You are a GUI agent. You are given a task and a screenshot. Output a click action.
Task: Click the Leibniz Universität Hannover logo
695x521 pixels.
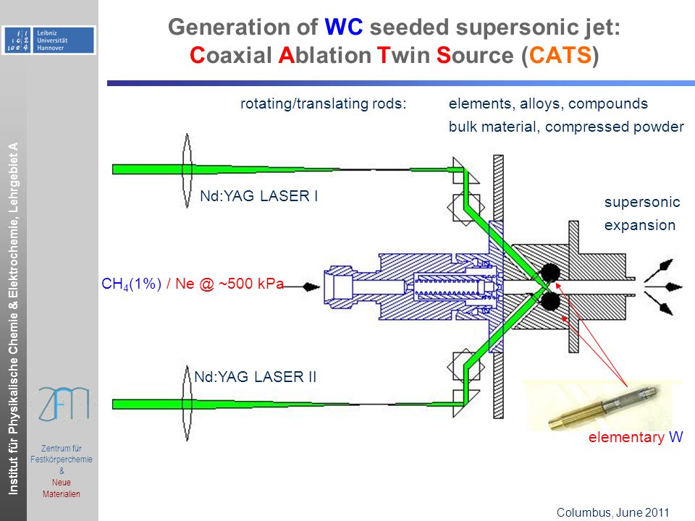(49, 40)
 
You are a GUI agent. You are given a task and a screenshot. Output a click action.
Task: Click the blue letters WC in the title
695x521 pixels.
(344, 27)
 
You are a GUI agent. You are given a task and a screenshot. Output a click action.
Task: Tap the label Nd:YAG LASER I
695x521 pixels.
(259, 196)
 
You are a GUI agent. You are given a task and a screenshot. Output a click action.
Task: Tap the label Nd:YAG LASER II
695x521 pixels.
(256, 377)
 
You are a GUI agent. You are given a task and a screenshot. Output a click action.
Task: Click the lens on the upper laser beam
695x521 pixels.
(187, 171)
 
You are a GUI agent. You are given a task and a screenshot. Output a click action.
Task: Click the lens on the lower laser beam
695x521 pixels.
(187, 403)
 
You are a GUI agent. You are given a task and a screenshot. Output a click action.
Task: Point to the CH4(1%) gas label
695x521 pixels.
(131, 284)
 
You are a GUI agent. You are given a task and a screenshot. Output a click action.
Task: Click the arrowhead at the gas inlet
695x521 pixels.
(311, 287)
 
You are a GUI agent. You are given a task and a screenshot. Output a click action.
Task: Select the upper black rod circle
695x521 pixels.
(550, 272)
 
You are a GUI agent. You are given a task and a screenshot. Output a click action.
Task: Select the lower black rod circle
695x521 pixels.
(550, 302)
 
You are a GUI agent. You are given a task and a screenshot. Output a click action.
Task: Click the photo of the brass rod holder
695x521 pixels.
(603, 406)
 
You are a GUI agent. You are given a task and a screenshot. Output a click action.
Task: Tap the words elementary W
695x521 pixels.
(636, 437)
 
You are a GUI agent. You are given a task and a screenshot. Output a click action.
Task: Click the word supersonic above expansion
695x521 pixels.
(642, 202)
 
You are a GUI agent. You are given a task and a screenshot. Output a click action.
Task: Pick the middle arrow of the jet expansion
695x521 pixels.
(664, 287)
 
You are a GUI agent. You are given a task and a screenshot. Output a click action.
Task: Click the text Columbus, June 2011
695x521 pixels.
(612, 512)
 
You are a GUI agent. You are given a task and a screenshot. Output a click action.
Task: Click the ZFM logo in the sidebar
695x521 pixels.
(64, 404)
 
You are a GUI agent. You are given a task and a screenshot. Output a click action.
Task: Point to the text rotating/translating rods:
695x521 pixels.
(323, 103)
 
